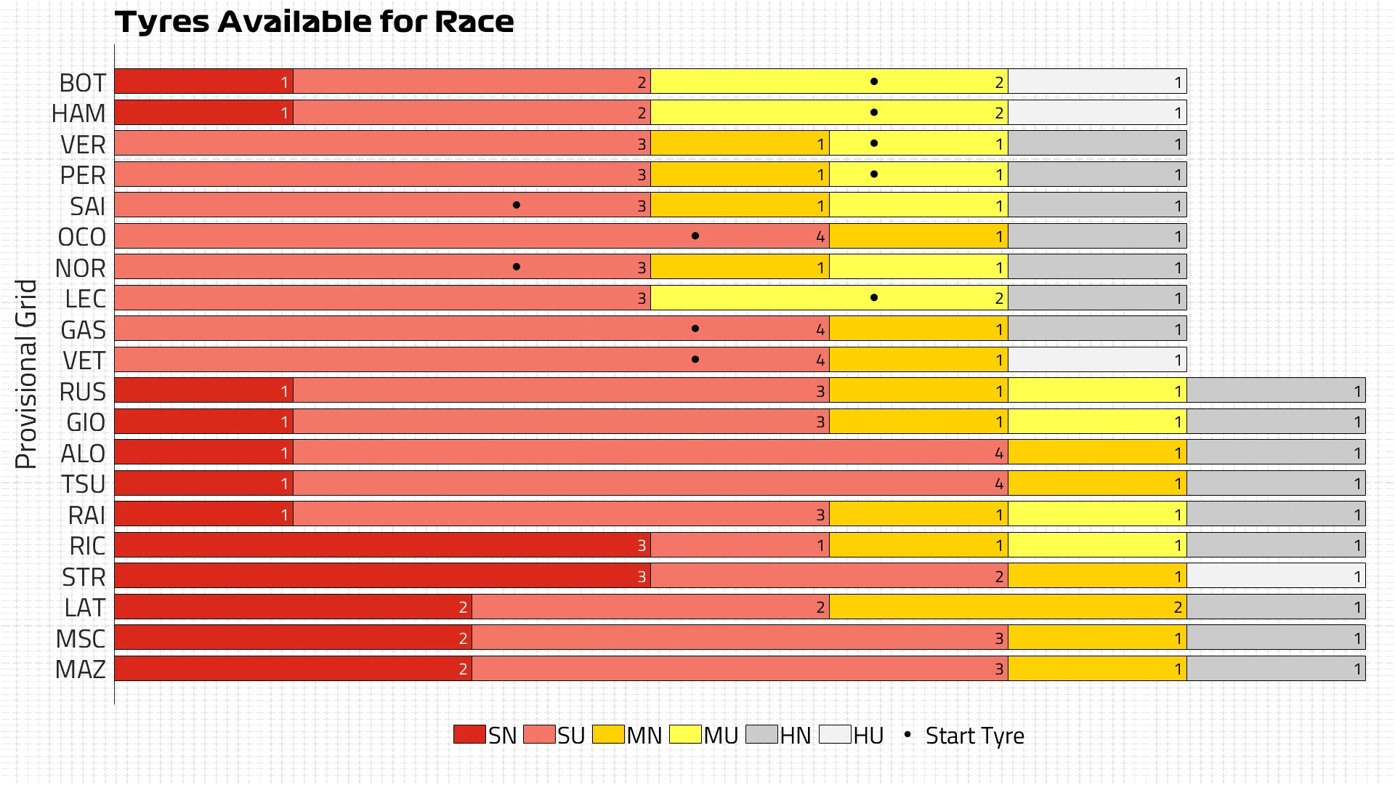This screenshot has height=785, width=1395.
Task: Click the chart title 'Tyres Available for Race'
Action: pyautogui.click(x=314, y=22)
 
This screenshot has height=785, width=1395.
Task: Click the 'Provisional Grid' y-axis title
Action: pyautogui.click(x=26, y=374)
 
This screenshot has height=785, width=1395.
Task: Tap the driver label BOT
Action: pyautogui.click(x=82, y=83)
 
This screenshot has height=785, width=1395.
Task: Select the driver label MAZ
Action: pyautogui.click(x=81, y=669)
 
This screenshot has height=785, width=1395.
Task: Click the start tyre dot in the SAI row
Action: pyautogui.click(x=517, y=205)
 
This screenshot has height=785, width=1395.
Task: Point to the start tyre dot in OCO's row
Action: pyautogui.click(x=695, y=236)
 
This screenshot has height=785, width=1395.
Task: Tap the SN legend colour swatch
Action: pyautogui.click(x=469, y=734)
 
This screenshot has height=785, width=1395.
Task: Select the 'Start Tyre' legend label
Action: pyautogui.click(x=974, y=736)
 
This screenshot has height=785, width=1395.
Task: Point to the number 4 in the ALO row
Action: pyautogui.click(x=999, y=454)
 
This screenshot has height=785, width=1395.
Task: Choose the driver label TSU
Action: pyautogui.click(x=83, y=484)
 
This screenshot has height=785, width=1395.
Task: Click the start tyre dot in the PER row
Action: pyautogui.click(x=874, y=174)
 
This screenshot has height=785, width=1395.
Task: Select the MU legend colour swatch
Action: pyautogui.click(x=685, y=734)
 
